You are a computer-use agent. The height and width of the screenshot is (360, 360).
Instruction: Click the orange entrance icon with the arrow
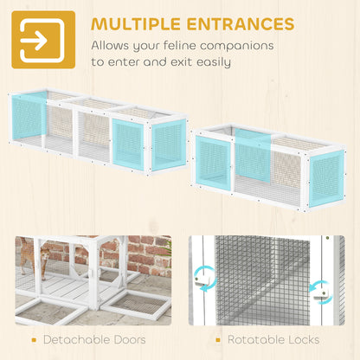coord(43,40)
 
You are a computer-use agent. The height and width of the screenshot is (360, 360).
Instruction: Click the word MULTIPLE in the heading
coord(137,23)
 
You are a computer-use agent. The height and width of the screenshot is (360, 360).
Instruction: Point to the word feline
coord(180,46)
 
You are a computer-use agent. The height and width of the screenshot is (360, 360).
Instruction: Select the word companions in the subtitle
coord(237,46)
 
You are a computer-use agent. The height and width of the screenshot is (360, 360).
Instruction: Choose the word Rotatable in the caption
coord(254,340)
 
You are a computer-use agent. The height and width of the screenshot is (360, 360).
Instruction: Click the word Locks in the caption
coord(302,340)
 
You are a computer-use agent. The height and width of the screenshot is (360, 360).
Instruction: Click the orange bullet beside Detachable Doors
coord(34,340)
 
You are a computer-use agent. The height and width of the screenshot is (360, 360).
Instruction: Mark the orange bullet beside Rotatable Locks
coord(218,340)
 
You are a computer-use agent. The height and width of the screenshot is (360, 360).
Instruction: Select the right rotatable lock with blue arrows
coord(321,292)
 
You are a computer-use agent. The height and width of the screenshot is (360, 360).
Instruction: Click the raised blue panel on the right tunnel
coord(253,155)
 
